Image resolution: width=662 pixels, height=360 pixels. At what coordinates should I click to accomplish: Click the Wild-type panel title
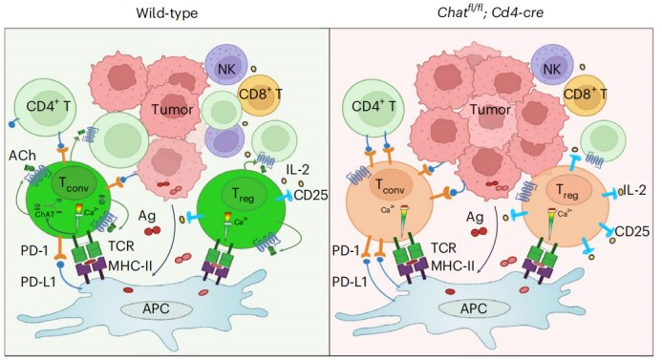(x=166, y=11)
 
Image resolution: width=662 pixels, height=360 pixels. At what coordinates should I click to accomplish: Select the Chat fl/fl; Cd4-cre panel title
(x=494, y=11)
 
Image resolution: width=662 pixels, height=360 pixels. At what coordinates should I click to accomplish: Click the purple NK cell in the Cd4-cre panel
(x=550, y=69)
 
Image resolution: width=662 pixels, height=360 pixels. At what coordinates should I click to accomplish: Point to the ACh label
(x=21, y=154)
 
